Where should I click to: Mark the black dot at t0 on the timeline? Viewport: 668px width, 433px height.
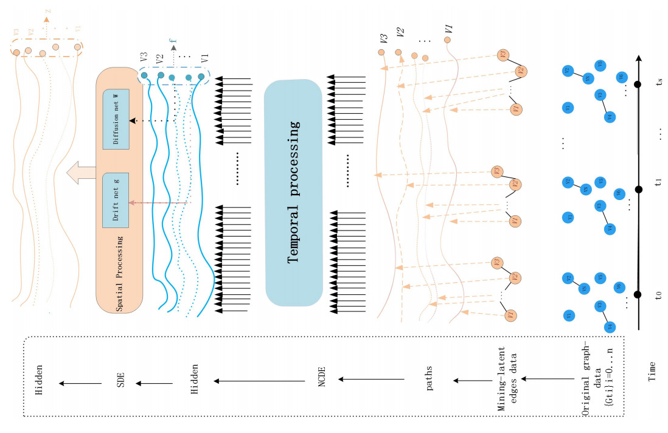(638, 295)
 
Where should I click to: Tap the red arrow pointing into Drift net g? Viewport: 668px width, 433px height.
(158, 203)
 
